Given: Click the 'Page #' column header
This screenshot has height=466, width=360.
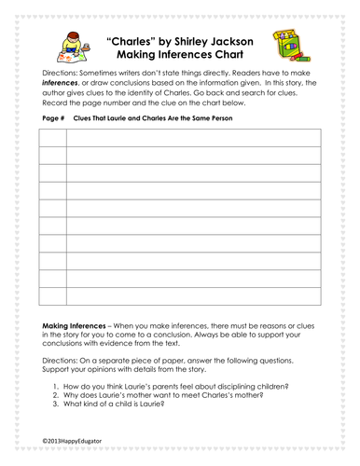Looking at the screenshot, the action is coord(52,121).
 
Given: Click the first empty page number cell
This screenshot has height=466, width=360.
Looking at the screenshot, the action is coord(53,139).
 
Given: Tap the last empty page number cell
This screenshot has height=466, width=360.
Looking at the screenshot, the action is coord(53,294).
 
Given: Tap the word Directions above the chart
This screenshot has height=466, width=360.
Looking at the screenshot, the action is coord(62,72).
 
